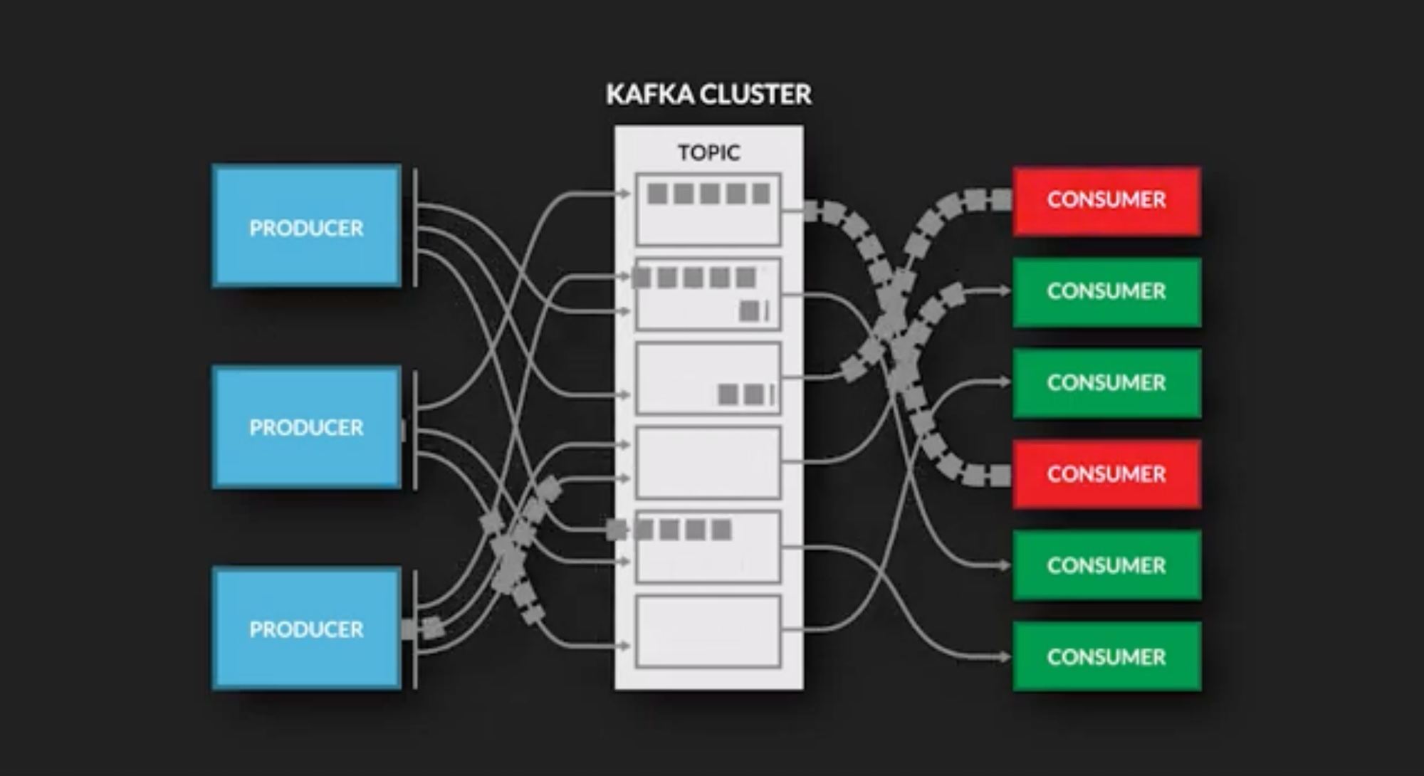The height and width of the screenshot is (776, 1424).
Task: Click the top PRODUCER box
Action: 306,226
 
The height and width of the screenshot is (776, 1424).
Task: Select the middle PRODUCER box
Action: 306,427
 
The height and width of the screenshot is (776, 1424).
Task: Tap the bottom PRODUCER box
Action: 306,629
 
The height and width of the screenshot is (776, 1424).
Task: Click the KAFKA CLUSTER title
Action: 708,94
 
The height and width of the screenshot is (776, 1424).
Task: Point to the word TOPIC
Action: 708,152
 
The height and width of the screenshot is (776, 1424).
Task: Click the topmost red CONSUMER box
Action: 1106,200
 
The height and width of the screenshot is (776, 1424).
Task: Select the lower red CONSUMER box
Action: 1106,474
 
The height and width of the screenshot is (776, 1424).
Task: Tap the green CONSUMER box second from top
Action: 1106,291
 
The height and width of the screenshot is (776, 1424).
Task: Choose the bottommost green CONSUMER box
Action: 1106,656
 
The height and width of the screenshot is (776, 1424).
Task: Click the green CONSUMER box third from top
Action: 1106,383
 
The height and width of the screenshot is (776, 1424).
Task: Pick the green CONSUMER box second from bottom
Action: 1106,565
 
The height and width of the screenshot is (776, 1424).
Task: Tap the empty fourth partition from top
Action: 708,463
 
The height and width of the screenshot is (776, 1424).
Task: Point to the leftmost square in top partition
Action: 657,194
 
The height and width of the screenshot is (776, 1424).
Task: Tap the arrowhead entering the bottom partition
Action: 624,646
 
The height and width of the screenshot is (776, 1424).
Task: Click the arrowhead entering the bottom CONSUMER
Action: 1005,656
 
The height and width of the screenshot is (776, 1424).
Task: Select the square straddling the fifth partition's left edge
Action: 617,530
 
